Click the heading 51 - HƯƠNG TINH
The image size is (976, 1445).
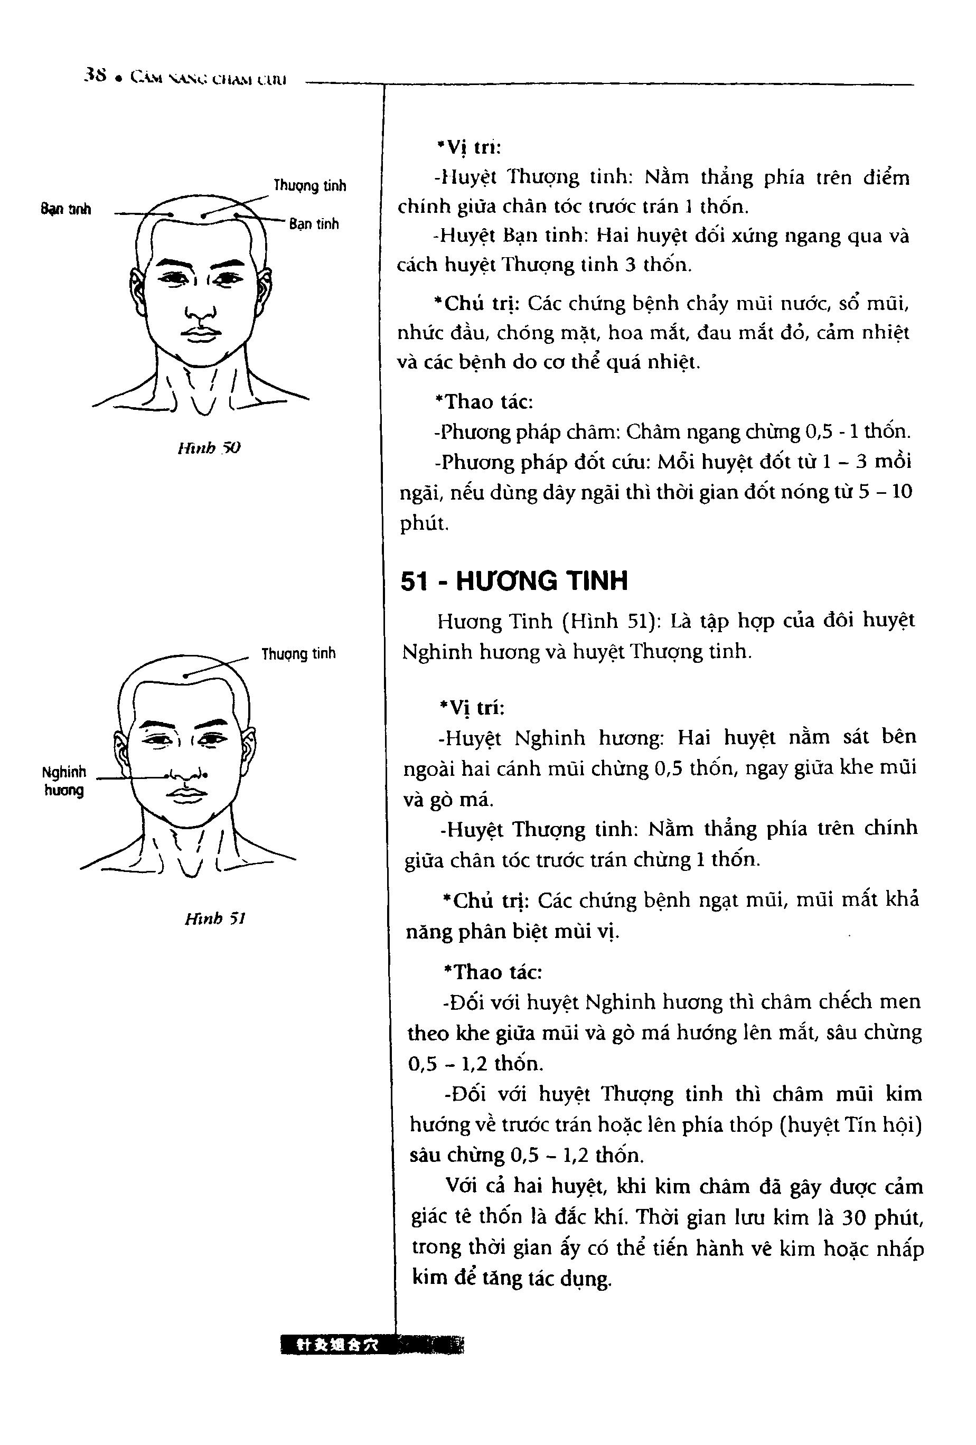pyautogui.click(x=513, y=581)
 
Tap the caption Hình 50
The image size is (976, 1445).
pyautogui.click(x=208, y=448)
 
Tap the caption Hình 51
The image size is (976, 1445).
pyautogui.click(x=214, y=918)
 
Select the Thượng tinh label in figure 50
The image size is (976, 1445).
pyautogui.click(x=309, y=185)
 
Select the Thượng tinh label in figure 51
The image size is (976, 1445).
pyautogui.click(x=298, y=653)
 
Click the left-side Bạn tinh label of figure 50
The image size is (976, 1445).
pyautogui.click(x=66, y=209)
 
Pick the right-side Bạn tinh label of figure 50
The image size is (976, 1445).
pyautogui.click(x=314, y=224)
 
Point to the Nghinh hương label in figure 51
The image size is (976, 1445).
pyautogui.click(x=63, y=781)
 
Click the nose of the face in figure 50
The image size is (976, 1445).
pyautogui.click(x=200, y=309)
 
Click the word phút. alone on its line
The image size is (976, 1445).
pyautogui.click(x=424, y=523)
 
